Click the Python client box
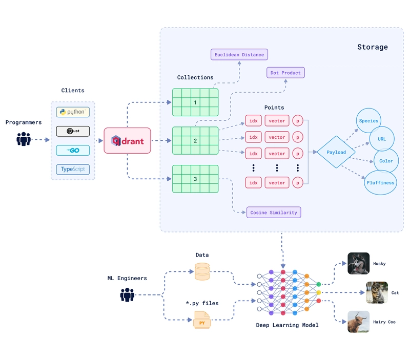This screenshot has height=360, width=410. point(73,112)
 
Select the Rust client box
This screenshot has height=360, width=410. point(73,131)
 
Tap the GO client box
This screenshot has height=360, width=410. point(73,151)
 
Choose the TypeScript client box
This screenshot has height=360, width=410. point(73,170)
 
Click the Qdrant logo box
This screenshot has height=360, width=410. point(127,140)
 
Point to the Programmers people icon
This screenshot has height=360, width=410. point(24,139)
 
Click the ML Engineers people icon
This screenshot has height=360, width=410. point(127,294)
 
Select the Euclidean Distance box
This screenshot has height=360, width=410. point(239,55)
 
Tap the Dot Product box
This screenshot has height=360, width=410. point(285,73)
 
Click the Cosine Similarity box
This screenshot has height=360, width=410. point(274,213)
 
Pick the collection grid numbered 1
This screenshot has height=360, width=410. point(195,102)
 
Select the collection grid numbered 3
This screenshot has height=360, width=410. point(195,179)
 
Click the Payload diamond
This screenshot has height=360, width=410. point(336,152)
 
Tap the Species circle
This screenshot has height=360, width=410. point(368,121)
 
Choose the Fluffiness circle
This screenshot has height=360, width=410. point(380,183)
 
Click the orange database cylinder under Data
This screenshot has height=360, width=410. point(202,272)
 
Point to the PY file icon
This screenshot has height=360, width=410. point(202,320)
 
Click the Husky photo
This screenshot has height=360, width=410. point(358,263)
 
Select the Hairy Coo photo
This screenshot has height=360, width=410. point(358,322)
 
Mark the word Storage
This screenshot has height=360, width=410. point(373,47)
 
